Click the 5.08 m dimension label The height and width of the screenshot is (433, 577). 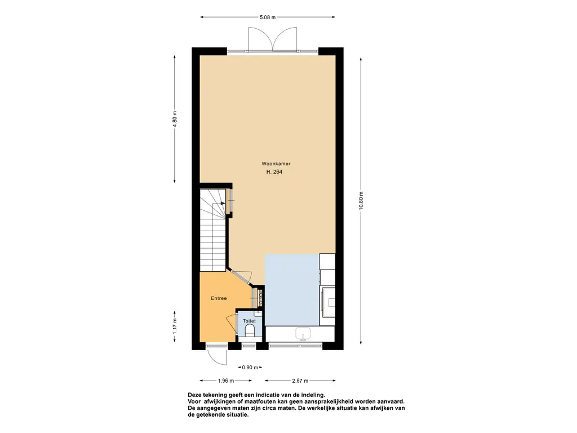(x=268, y=17)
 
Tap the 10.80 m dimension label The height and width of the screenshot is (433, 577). (x=361, y=201)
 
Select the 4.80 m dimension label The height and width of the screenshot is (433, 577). (x=175, y=119)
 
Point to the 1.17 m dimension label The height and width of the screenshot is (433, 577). (x=175, y=325)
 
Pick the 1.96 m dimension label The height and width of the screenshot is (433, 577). (x=226, y=381)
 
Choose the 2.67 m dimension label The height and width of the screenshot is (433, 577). (x=300, y=381)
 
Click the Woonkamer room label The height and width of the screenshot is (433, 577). (x=276, y=164)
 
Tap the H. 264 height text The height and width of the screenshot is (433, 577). (x=274, y=171)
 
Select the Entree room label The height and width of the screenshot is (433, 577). (x=219, y=298)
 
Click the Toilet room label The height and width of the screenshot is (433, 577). (x=249, y=321)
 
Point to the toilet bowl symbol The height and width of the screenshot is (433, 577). (x=250, y=330)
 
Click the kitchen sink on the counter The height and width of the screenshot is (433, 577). (x=303, y=334)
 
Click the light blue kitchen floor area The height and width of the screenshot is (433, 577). (x=292, y=289)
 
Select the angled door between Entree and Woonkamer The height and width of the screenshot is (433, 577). (x=239, y=277)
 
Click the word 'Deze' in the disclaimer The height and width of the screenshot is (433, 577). (x=194, y=395)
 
